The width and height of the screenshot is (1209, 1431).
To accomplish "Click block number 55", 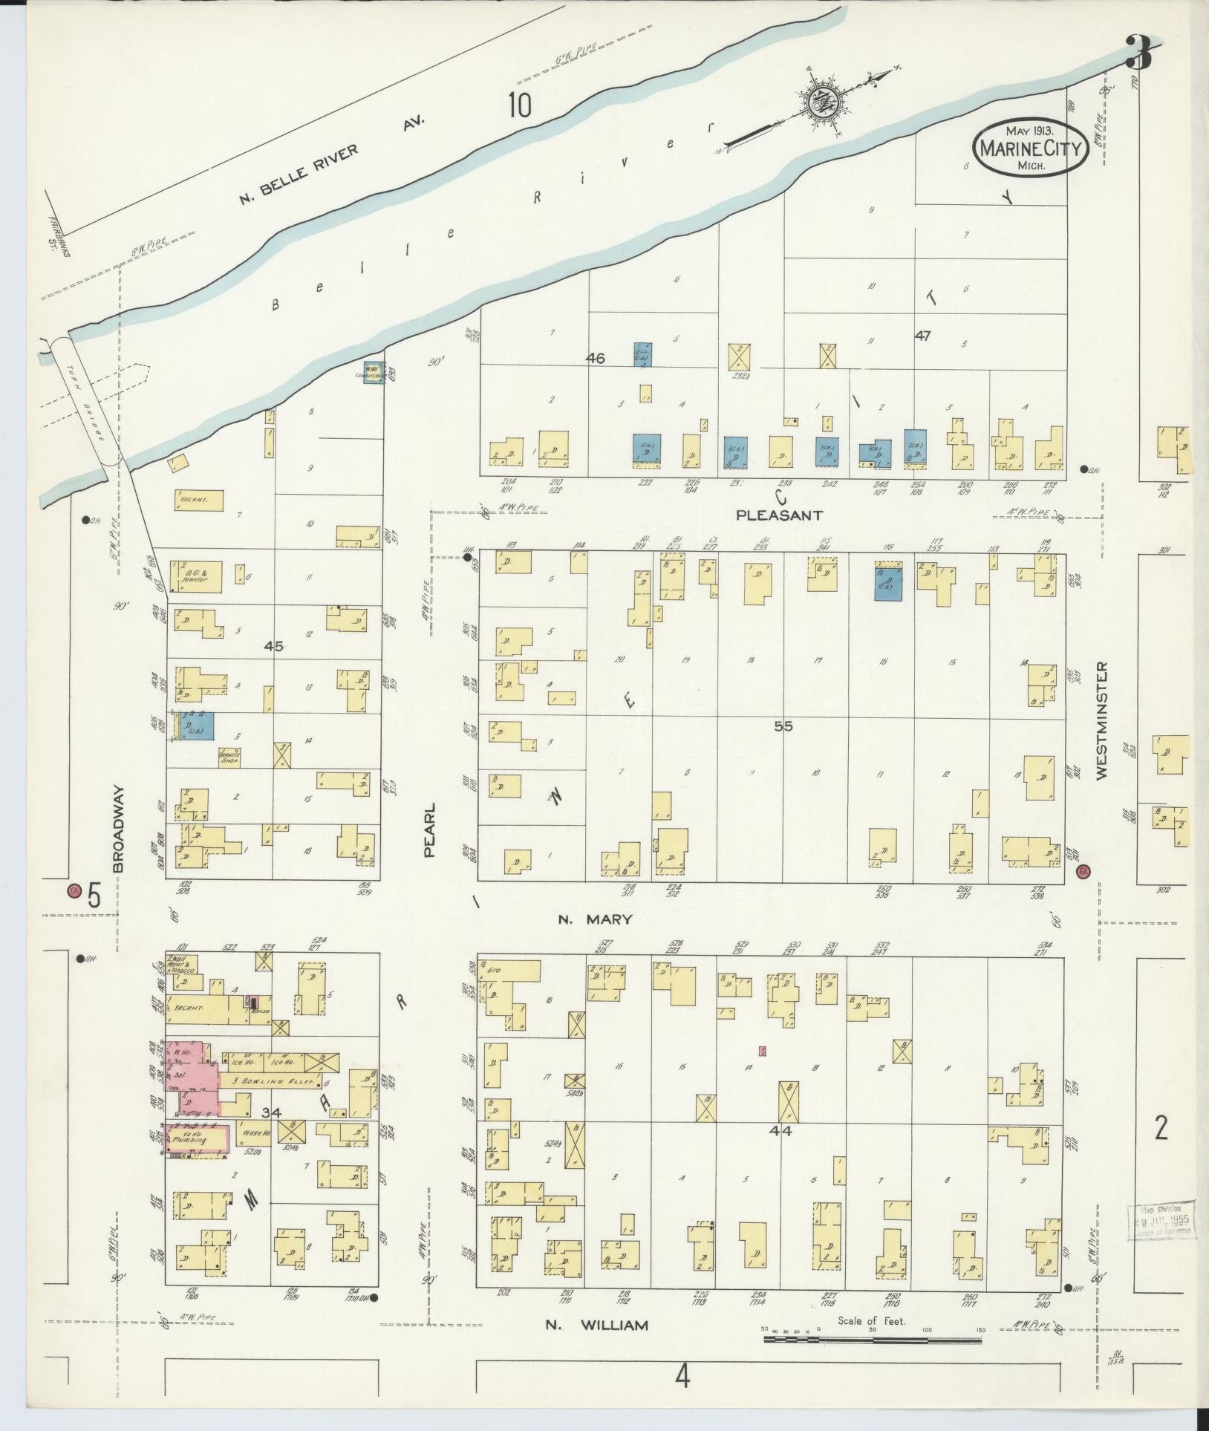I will click(783, 726).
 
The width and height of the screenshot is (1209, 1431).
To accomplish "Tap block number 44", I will click(782, 1152).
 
